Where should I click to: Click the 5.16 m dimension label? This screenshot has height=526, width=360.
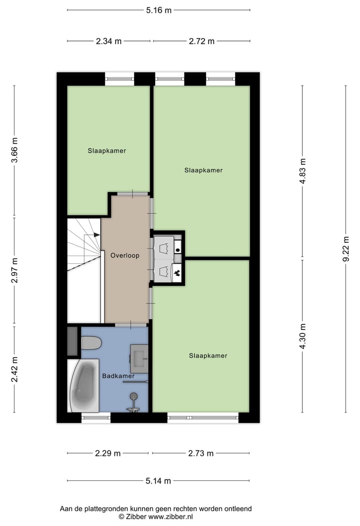[x=158, y=10]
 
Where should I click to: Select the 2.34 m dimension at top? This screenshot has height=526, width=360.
[x=108, y=42]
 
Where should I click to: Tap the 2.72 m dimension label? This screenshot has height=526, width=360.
[x=201, y=42]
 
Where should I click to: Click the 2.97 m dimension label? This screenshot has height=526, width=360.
[x=15, y=270]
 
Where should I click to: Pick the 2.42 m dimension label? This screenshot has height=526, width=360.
[x=15, y=369]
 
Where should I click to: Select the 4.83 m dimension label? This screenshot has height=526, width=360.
[x=302, y=172]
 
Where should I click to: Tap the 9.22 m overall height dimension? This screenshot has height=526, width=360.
[x=345, y=249]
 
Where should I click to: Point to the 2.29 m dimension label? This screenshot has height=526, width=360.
[x=107, y=453]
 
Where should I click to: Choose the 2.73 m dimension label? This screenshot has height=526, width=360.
[x=201, y=453]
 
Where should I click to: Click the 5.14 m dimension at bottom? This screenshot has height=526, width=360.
[x=158, y=481]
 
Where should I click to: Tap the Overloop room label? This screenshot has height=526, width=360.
[x=124, y=255]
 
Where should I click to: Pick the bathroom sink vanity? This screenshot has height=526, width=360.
[x=139, y=358]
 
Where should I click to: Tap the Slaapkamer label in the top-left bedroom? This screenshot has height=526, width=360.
[x=107, y=151]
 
